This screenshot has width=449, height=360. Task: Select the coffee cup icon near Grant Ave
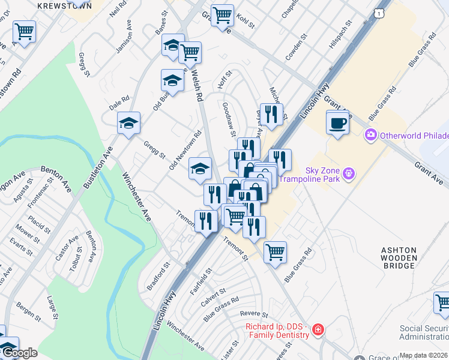(337, 123)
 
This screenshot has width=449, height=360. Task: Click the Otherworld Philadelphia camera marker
(371, 134)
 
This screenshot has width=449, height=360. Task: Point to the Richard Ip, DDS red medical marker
(318, 329)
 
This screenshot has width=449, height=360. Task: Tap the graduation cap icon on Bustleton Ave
(128, 123)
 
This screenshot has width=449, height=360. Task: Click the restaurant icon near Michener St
(271, 114)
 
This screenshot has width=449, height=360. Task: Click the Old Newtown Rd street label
(185, 150)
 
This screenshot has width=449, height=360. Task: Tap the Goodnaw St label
(229, 118)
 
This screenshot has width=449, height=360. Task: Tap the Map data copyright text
(423, 355)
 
